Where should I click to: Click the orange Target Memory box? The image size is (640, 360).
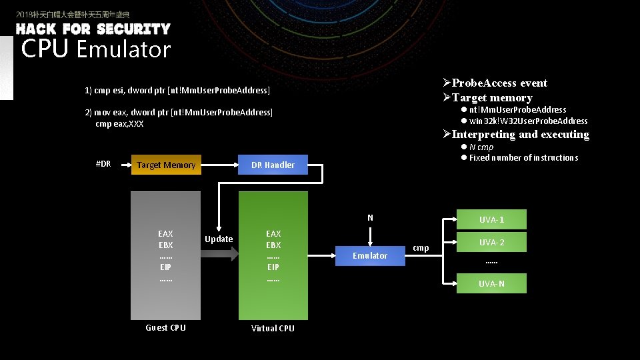coord(165,165)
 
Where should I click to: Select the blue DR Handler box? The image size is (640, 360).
coord(273,165)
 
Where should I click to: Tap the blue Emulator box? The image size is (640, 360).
coord(370,255)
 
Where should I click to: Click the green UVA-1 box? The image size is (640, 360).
coord(491,219)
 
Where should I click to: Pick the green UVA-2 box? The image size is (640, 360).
coord(491,242)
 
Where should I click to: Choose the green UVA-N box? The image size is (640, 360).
coord(491,283)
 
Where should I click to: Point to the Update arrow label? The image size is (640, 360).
coord(219,239)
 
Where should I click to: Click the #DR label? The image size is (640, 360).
coord(103,164)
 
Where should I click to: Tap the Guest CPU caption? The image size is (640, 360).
coord(165,327)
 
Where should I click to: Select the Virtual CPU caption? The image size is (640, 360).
coord(273,328)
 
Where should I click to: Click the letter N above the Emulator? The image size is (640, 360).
coord(370,217)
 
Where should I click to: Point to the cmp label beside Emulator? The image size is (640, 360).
coord(421,247)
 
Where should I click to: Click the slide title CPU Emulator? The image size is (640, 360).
coord(96,49)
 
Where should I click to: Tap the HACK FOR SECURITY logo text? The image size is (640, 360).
coord(93,29)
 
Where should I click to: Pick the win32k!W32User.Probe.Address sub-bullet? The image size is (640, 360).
coord(528,121)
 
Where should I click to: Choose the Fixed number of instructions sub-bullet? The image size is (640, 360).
coord(523,157)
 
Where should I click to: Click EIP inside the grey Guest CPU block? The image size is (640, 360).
coord(165,267)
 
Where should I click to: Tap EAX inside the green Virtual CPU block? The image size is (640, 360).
coord(273,233)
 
